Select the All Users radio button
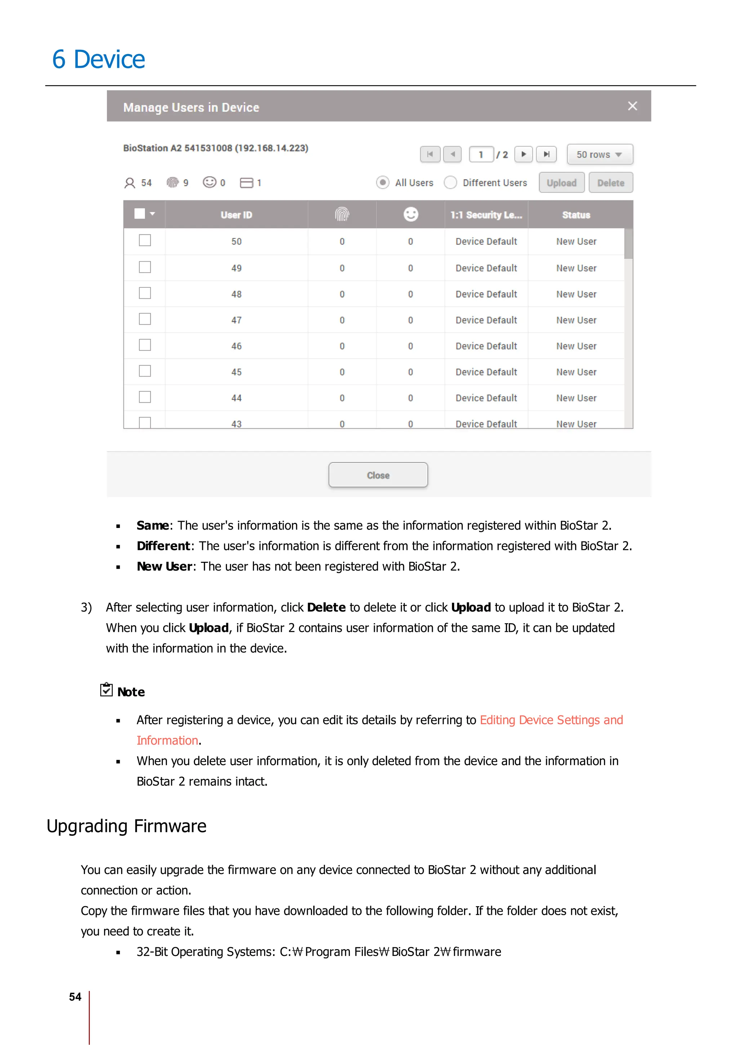(383, 182)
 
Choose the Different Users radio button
(450, 182)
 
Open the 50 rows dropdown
(599, 154)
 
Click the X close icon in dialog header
(632, 106)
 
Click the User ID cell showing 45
(236, 372)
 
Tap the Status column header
(576, 215)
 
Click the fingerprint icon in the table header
(342, 214)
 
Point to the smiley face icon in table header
(410, 214)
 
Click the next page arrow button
(523, 154)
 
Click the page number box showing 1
(481, 154)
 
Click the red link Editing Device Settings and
(551, 720)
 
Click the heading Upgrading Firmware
(126, 826)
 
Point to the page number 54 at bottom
(75, 997)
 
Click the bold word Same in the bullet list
(153, 526)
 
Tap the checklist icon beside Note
(106, 689)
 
